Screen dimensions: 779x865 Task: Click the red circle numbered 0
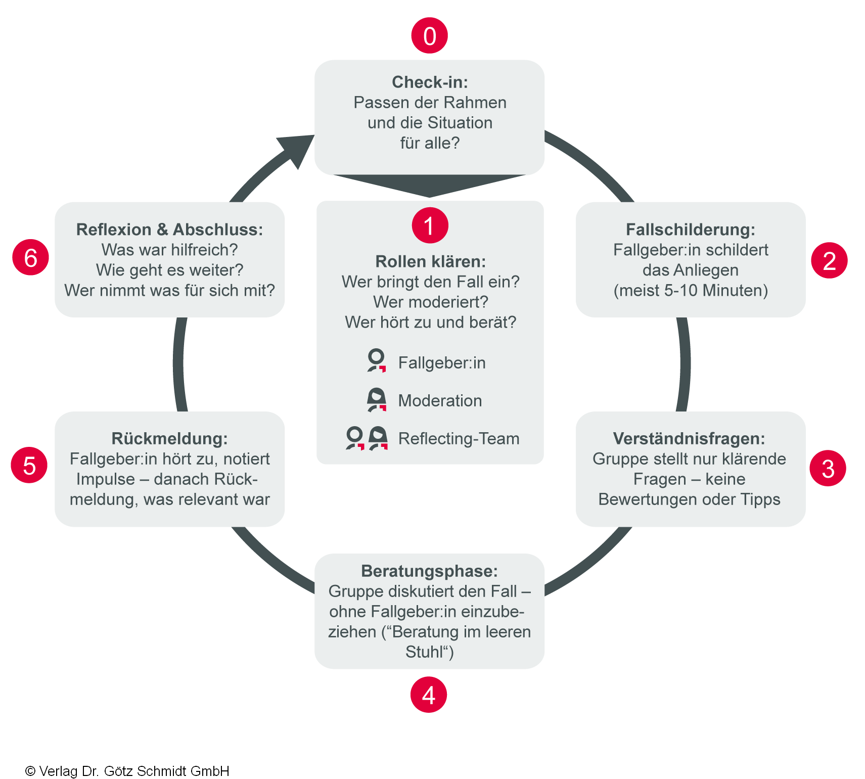coord(429,36)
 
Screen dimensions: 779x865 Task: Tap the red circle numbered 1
coord(430,225)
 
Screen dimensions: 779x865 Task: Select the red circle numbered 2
coord(829,261)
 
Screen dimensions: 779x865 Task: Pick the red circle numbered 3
coord(828,469)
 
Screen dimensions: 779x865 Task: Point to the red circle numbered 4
coord(429,695)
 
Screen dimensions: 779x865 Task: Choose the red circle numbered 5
coord(29,465)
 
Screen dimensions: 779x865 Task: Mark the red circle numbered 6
coord(31,257)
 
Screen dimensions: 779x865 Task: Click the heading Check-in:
coord(430,82)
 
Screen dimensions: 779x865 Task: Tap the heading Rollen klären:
coord(430,261)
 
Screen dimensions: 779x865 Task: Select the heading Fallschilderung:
coord(691,230)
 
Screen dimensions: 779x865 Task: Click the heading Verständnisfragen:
coord(689,438)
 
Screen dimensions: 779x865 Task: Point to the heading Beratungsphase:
coord(429,571)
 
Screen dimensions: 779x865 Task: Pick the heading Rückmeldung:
coord(169,438)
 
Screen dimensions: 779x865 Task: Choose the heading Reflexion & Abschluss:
coord(169,230)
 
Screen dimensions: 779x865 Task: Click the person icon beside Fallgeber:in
coord(376,361)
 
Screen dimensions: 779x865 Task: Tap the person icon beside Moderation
coord(377,399)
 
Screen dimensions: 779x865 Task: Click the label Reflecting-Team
coord(459,438)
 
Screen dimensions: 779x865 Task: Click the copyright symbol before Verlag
coord(30,771)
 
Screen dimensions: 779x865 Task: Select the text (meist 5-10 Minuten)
coord(691,291)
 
